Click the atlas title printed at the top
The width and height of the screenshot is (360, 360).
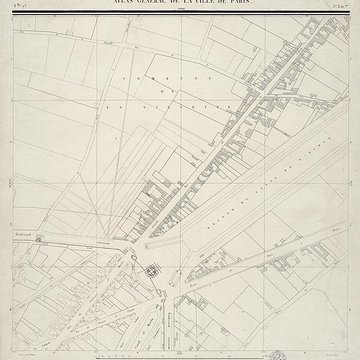pos(180,5)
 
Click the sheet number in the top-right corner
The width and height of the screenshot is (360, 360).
pos(340,5)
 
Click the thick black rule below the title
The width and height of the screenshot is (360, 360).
pos(180,12)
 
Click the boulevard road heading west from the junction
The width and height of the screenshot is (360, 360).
pos(70,233)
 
